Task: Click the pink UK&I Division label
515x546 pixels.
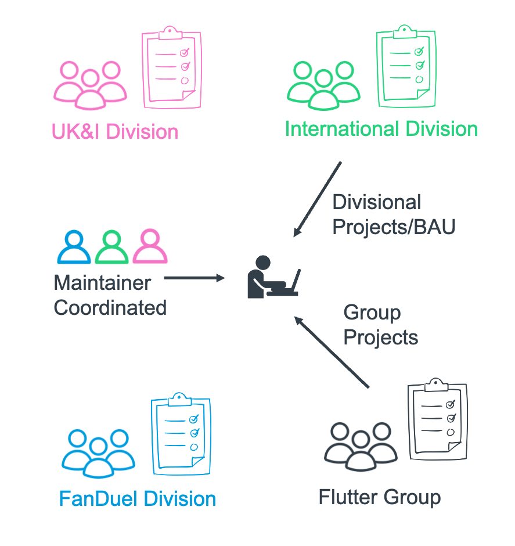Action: pyautogui.click(x=115, y=132)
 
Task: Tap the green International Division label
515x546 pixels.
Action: pyautogui.click(x=381, y=129)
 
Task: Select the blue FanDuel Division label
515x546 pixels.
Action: pyautogui.click(x=138, y=498)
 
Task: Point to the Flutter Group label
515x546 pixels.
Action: pyautogui.click(x=380, y=497)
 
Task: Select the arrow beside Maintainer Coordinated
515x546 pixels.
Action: pyautogui.click(x=194, y=278)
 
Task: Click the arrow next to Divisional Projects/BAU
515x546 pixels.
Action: pyautogui.click(x=318, y=199)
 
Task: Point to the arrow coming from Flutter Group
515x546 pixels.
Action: pyautogui.click(x=332, y=351)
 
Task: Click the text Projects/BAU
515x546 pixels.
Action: pyautogui.click(x=394, y=227)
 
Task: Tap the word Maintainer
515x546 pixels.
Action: pyautogui.click(x=102, y=282)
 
